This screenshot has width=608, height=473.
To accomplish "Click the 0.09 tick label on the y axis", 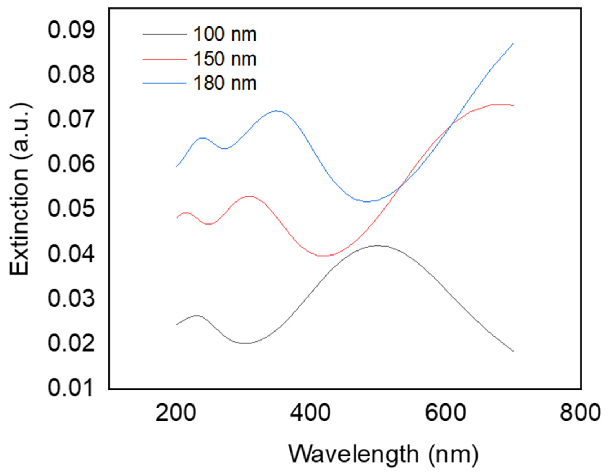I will (x=71, y=30).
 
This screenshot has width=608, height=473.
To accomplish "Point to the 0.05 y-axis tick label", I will (x=71, y=209).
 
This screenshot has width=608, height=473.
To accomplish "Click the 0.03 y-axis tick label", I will (x=71, y=299).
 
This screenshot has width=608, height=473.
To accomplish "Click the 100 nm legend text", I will (x=225, y=34).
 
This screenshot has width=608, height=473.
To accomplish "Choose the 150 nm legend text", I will (x=225, y=59).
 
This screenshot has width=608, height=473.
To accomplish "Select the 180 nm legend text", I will (x=225, y=83).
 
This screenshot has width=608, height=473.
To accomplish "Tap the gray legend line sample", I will (x=165, y=34).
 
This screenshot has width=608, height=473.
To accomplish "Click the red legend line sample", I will (x=165, y=59).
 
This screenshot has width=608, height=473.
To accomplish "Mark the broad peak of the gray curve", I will (x=378, y=246).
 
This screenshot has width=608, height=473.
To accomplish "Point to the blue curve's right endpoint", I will (x=513, y=44).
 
